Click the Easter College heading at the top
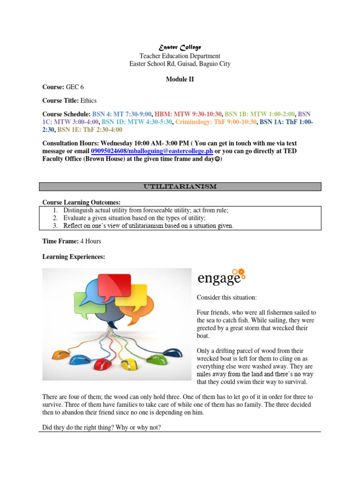[x=180, y=47]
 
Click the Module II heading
[x=180, y=79]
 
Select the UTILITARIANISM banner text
[x=180, y=187]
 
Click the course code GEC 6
[x=75, y=87]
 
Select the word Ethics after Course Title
[x=89, y=100]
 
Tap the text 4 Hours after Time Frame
[x=90, y=241]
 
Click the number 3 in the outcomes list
[x=55, y=225]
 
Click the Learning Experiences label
[x=74, y=257]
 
